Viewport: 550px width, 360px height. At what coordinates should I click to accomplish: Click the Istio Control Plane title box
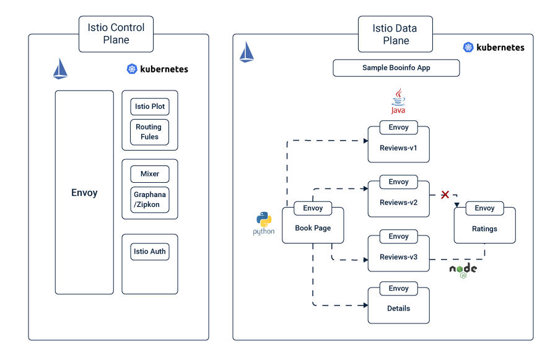(116, 34)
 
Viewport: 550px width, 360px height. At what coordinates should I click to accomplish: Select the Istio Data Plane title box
(395, 34)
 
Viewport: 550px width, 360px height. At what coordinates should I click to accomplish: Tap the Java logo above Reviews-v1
(398, 101)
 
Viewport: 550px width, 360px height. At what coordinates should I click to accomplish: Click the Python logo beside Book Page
(264, 223)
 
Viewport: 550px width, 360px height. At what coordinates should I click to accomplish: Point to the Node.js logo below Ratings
(463, 270)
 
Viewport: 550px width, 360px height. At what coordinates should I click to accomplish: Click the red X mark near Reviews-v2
(445, 195)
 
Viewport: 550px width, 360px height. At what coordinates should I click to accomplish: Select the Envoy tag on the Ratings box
(484, 208)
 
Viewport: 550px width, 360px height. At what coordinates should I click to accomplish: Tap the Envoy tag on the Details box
(398, 288)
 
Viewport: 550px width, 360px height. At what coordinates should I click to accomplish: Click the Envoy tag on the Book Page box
(313, 208)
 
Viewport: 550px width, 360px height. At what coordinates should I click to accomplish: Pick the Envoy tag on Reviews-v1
(398, 127)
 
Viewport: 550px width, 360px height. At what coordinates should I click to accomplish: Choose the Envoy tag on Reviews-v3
(398, 236)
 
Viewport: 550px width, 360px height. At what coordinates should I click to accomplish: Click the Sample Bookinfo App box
(396, 68)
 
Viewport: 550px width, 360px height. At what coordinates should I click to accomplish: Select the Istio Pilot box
(149, 107)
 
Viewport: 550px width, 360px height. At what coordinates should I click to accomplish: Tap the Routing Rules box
(149, 131)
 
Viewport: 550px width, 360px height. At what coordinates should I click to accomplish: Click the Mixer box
(149, 174)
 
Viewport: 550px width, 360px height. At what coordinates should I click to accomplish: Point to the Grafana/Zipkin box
(149, 199)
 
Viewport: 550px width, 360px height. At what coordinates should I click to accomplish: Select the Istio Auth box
(149, 252)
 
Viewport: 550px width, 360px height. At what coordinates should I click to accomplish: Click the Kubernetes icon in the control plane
(132, 69)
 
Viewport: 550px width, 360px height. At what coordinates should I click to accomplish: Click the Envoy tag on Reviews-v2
(398, 182)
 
